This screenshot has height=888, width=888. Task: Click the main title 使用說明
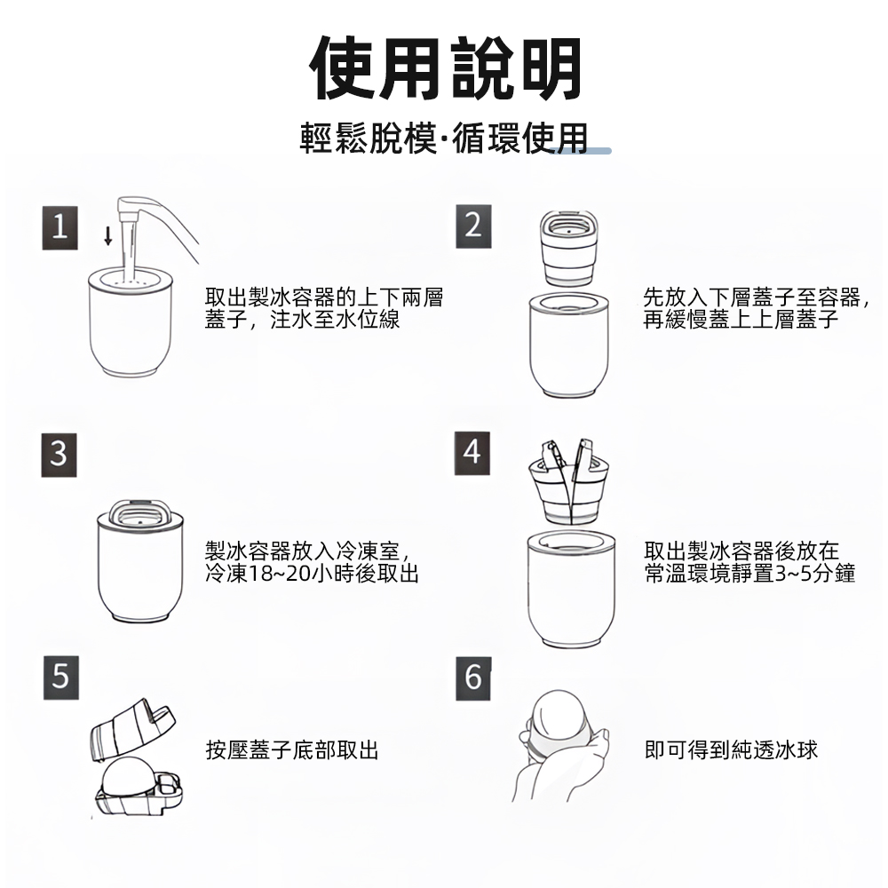pos(447,68)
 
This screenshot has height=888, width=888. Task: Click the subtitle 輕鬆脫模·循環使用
pos(444,139)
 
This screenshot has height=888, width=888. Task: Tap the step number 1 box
pos(59,228)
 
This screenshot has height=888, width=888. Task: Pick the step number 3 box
pos(59,455)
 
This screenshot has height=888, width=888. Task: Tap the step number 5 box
pos(59,678)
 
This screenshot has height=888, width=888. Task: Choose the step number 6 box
pos(472,678)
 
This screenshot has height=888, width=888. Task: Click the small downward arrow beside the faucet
pos(108,235)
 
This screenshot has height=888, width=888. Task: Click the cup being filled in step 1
pos(130,329)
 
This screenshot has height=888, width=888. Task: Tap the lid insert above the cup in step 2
pos(567,248)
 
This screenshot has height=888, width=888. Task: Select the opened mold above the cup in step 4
pos(568,483)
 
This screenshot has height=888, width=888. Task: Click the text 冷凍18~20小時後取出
pos(312,575)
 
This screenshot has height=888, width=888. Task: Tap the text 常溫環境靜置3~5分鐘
pos(749,575)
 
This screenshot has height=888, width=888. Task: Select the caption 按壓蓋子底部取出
pos(292,750)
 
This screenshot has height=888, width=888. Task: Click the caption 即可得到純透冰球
pos(731,750)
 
